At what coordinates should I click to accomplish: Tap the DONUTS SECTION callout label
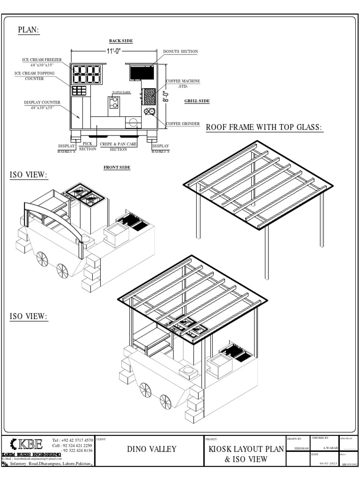pos(180,51)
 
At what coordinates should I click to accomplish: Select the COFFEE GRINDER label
pos(183,124)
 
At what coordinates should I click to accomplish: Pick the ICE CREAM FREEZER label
pos(41,60)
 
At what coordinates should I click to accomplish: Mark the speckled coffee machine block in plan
pos(149,96)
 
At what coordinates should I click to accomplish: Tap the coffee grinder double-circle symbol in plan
pos(150,112)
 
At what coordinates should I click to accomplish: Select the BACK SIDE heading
pos(121,41)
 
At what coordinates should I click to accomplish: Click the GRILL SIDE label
pos(197,101)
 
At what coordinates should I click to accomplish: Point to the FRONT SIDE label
pos(117,167)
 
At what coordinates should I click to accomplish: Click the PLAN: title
pos(29,30)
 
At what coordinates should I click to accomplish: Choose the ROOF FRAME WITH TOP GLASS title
pos(265,127)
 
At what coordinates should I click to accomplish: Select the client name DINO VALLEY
pos(152,449)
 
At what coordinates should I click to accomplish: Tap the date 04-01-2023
pos(328,463)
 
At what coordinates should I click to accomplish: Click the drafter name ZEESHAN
pos(300,448)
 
